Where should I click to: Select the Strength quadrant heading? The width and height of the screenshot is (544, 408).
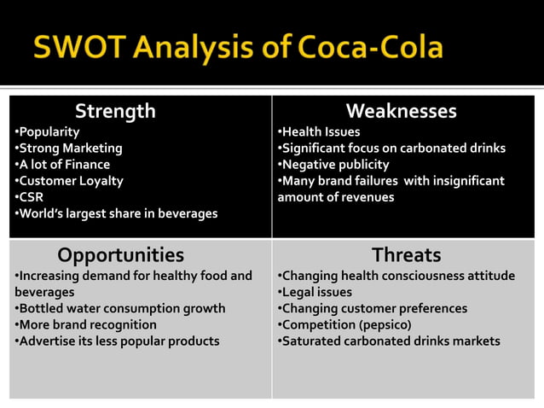tap(115, 111)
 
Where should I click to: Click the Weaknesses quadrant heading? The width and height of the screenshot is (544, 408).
tap(401, 111)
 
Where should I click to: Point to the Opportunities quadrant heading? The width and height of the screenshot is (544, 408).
tap(120, 255)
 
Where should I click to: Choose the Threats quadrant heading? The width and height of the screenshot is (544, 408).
tap(406, 255)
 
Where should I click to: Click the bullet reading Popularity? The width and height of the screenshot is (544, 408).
tap(48, 132)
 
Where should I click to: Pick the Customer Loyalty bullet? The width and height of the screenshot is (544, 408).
tap(69, 181)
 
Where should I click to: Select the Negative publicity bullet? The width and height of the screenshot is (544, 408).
tap(334, 165)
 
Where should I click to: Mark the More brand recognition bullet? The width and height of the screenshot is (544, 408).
tap(86, 325)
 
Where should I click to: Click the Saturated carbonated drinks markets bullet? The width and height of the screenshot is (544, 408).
tap(390, 341)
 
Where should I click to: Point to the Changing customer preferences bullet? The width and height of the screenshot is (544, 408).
tap(373, 309)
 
